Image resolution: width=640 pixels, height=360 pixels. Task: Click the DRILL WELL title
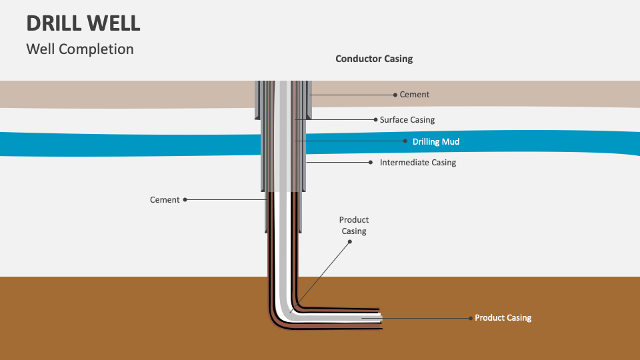(83, 23)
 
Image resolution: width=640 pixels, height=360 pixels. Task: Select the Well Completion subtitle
(80, 49)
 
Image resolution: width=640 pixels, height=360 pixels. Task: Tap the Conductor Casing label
(374, 59)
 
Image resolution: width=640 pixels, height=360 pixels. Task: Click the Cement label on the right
(415, 95)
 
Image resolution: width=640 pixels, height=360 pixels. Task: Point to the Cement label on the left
(165, 199)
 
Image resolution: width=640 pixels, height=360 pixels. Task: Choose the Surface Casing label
(407, 120)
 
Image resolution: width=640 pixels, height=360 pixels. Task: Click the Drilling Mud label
(436, 142)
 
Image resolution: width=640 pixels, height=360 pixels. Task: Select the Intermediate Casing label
(418, 163)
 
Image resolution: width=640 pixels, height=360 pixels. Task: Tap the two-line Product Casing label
(354, 225)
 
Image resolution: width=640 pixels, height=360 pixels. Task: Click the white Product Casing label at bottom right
(503, 318)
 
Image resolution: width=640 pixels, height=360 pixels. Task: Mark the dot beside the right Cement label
(396, 95)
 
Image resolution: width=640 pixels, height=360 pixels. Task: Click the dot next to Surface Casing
(375, 120)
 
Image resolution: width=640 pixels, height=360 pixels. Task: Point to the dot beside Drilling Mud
(405, 141)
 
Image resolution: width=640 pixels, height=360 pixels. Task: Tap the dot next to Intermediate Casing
(371, 162)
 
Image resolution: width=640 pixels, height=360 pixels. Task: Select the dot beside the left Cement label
(185, 199)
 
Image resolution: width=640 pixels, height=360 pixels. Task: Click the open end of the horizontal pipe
(380, 319)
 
